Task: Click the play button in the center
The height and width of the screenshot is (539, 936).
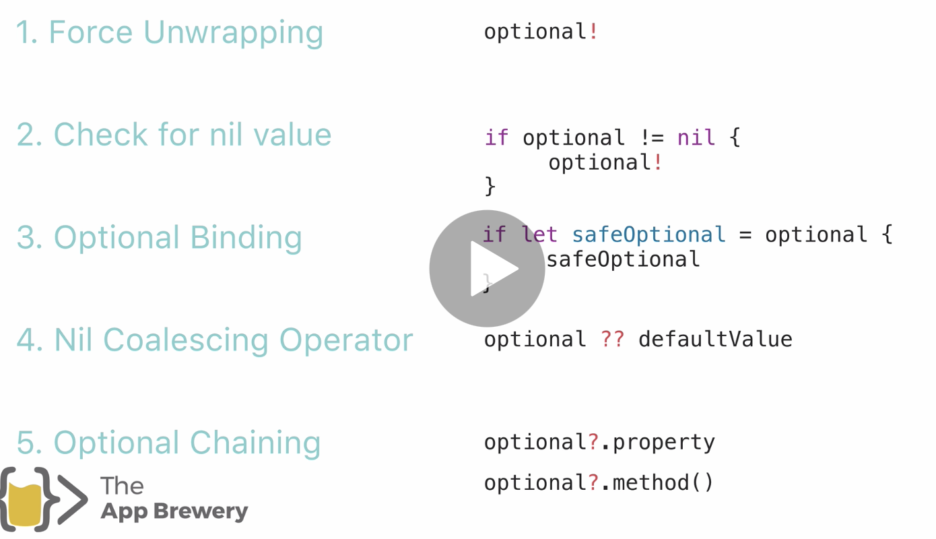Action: (x=487, y=268)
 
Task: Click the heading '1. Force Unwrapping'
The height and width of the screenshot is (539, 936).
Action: (x=169, y=32)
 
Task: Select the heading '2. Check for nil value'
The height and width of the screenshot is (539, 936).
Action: (x=174, y=135)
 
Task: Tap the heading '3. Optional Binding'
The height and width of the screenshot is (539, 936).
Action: (x=159, y=237)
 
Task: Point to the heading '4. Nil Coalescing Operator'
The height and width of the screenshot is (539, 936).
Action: (x=214, y=340)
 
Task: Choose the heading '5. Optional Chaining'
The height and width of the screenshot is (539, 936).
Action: (x=168, y=442)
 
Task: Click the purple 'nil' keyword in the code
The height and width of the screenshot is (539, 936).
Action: (x=696, y=137)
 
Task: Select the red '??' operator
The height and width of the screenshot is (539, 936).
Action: (x=612, y=339)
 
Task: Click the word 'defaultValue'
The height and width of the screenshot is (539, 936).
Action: (x=715, y=339)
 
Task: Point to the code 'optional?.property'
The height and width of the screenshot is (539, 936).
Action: (x=599, y=442)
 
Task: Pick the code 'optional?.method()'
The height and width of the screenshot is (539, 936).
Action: (x=599, y=482)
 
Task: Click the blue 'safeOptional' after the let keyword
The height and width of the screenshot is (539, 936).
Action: (x=648, y=234)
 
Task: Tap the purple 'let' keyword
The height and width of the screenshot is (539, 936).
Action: (x=539, y=234)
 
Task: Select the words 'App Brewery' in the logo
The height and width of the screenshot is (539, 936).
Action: (x=174, y=511)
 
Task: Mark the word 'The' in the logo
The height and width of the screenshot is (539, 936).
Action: (x=122, y=485)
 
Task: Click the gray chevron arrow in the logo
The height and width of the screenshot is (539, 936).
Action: (x=73, y=499)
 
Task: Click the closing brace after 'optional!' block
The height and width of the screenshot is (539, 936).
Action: (x=490, y=185)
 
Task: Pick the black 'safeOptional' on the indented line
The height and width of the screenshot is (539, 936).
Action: (x=623, y=259)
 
